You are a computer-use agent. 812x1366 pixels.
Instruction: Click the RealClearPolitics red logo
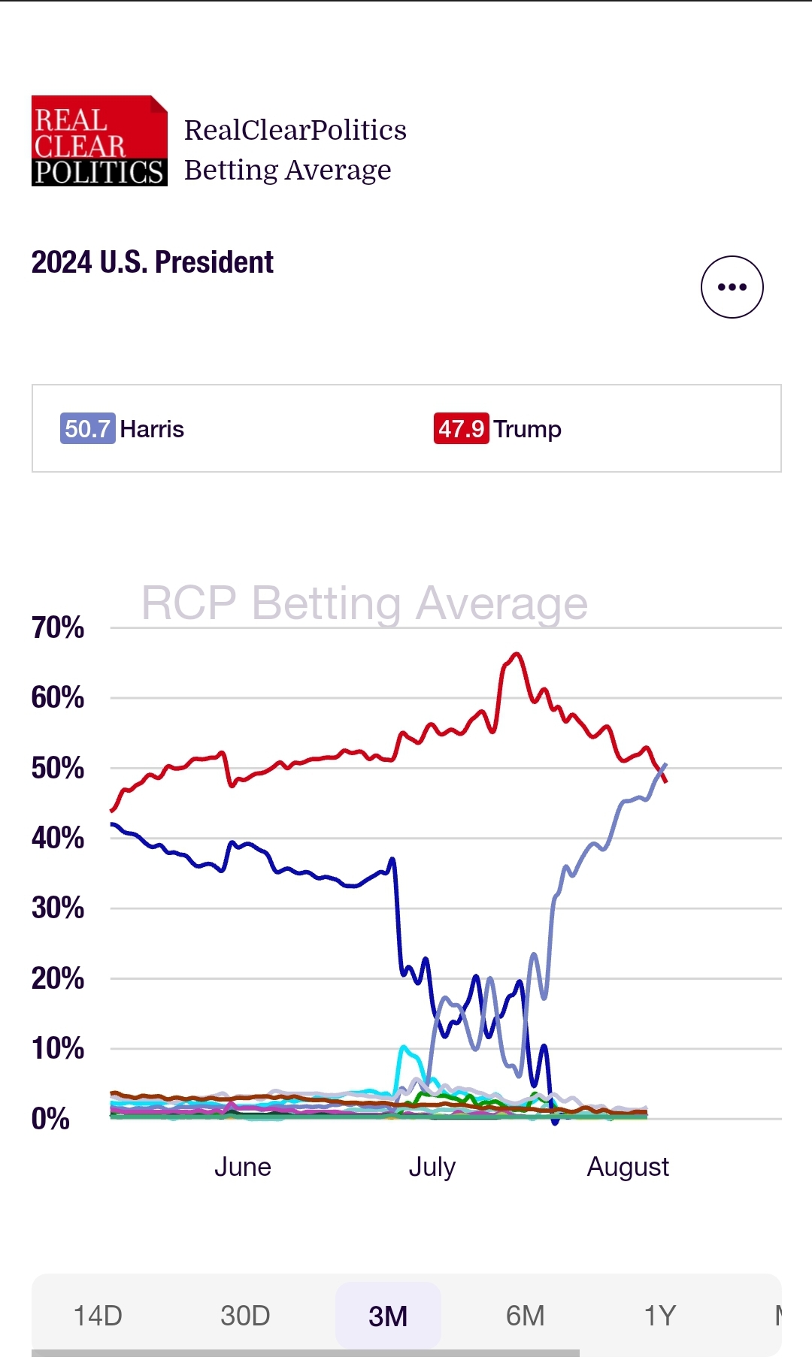[99, 141]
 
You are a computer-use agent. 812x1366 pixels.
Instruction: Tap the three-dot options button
[732, 287]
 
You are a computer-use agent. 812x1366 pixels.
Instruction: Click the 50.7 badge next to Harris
[87, 429]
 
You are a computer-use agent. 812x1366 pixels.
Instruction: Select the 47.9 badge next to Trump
[461, 429]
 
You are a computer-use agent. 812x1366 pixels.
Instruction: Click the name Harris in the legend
[152, 429]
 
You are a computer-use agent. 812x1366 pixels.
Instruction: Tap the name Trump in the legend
[528, 429]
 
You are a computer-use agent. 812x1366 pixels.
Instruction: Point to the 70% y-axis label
[57, 627]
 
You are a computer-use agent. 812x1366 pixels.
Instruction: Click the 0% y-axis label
[50, 1119]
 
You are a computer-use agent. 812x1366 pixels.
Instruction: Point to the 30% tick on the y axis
[57, 908]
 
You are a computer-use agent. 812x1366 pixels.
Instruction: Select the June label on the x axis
[242, 1167]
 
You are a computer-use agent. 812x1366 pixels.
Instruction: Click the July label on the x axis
[432, 1167]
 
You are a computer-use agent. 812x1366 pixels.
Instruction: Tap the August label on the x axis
[628, 1167]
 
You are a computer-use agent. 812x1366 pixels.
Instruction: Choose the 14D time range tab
[98, 1316]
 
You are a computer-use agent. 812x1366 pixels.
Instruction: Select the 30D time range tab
[245, 1316]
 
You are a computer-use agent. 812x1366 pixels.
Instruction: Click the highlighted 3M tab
[388, 1316]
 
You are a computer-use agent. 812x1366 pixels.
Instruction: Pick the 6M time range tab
[525, 1316]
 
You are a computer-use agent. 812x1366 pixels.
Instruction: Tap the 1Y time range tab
[660, 1316]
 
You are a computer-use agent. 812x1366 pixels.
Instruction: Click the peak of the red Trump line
[516, 654]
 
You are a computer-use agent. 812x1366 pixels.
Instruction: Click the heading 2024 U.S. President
[152, 262]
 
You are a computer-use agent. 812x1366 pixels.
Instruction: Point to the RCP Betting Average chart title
[365, 603]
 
